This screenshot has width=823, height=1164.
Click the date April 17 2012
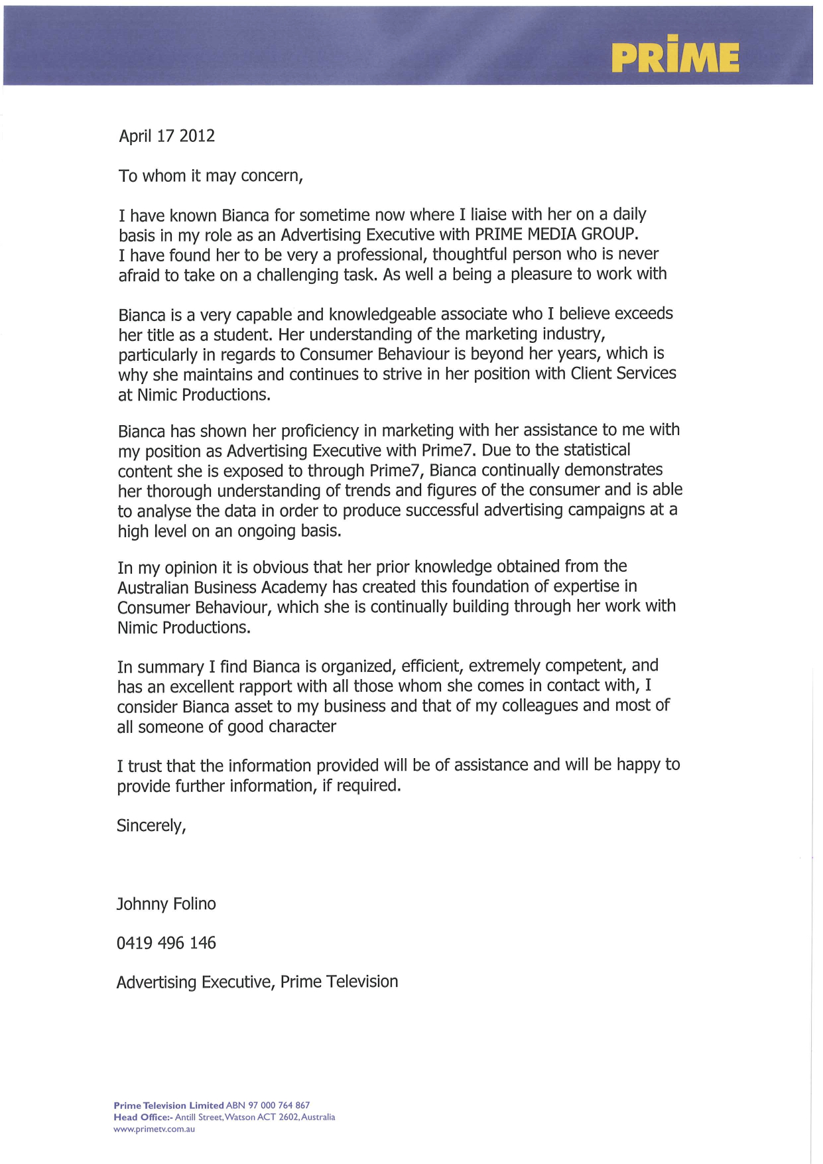166,136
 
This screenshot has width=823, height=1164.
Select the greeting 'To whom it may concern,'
210,176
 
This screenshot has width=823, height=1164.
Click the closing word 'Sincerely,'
151,826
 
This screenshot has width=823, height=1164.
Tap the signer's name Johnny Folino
166,904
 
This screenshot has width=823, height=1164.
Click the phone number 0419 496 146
166,943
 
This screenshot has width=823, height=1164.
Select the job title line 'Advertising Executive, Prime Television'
257,982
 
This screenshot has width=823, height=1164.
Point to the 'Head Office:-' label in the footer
143,1117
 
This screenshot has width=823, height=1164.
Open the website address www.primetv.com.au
154,1129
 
